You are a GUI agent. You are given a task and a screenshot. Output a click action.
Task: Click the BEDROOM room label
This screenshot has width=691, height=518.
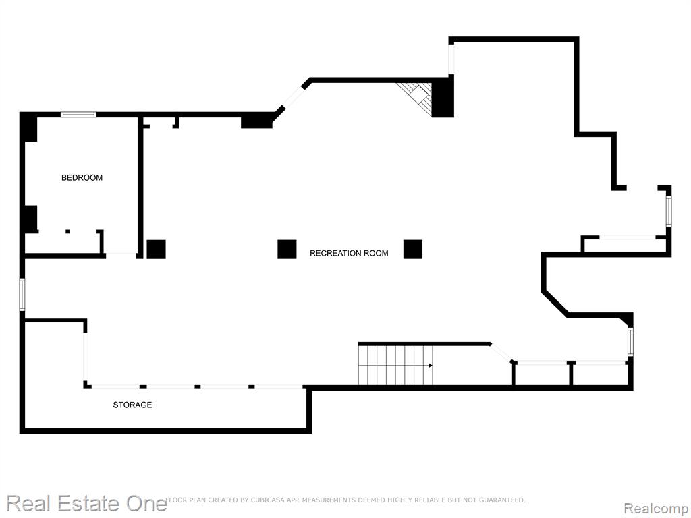coord(82,178)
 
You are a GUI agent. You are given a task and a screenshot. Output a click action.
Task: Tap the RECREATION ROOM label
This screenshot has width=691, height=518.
coord(349,254)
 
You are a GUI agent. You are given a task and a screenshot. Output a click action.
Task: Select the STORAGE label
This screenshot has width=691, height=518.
coord(133,405)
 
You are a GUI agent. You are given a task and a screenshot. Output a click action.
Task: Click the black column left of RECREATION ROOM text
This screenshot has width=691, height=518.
coord(287,250)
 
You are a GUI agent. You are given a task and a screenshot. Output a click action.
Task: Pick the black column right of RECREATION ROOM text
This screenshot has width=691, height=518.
coord(413,250)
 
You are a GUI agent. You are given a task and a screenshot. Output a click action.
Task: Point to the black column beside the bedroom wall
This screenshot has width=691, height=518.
coord(156,250)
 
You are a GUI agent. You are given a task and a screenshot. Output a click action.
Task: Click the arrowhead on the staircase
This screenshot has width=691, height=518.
coord(430,365)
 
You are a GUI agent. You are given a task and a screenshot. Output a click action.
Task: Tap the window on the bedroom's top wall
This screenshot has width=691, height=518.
coord(78,115)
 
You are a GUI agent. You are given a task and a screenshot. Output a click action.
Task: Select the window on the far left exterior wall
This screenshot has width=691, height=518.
coord(22,294)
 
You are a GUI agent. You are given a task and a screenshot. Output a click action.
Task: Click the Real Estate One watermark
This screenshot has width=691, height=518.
coord(87,503)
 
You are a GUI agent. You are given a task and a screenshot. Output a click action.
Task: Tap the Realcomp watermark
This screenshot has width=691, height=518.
coord(656,509)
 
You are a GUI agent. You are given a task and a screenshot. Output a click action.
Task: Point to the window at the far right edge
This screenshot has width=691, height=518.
coord(669,211)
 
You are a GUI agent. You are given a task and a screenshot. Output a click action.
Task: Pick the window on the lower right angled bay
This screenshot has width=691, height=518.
coord(631,342)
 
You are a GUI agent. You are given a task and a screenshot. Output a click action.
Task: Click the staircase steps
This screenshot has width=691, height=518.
coord(395,365)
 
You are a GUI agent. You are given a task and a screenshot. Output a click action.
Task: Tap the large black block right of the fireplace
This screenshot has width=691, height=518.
coord(443,97)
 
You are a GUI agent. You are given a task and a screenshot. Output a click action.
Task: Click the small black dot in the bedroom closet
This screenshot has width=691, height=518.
coord(67,232)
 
